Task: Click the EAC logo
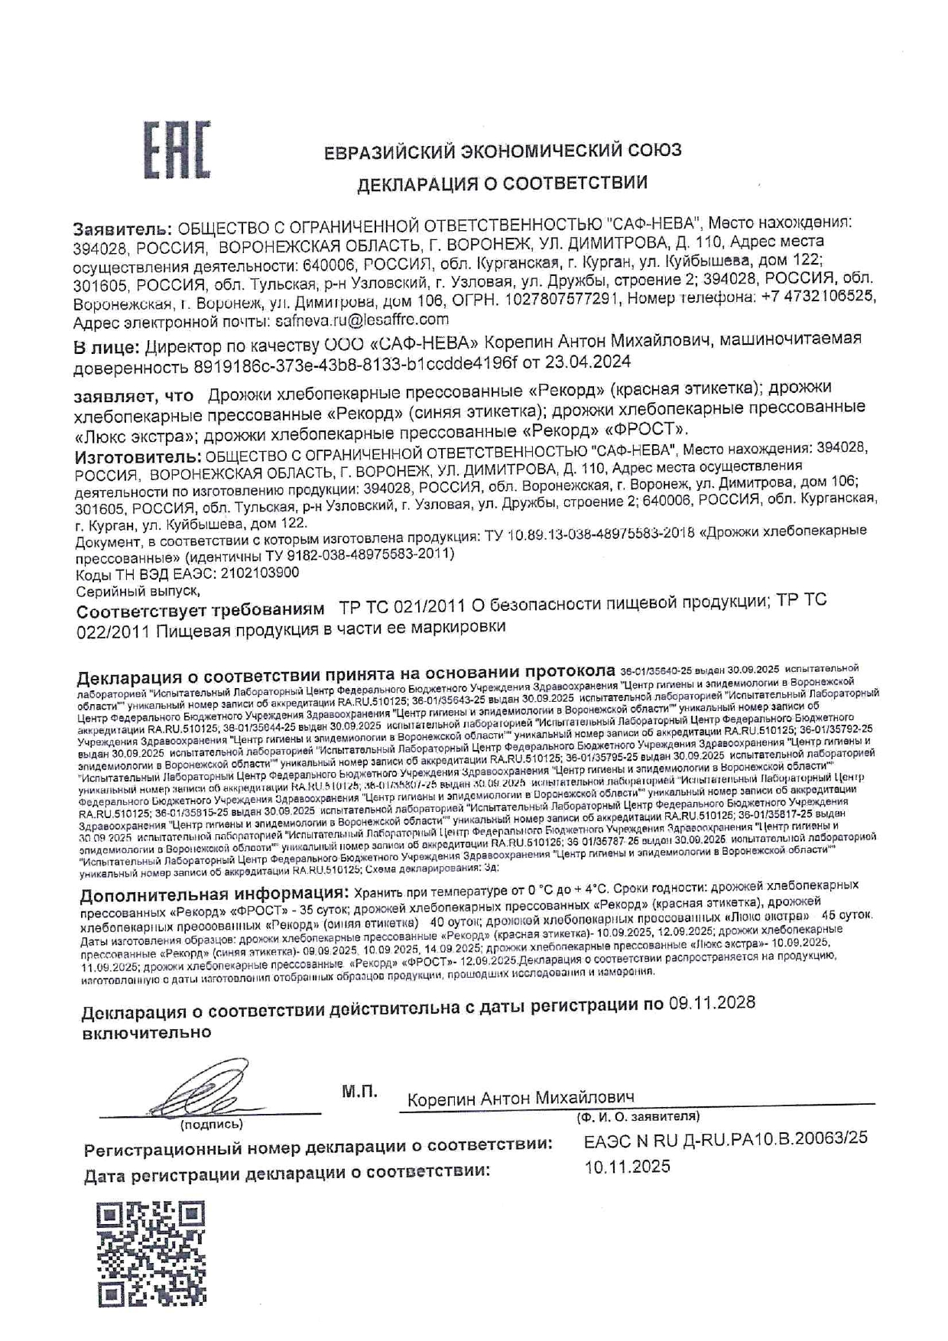coord(177,151)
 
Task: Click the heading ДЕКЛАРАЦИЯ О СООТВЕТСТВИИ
coord(502,183)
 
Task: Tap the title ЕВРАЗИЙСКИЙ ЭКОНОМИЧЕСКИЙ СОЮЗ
coord(502,151)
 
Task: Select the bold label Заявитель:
coord(122,228)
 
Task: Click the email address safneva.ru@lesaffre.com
coord(360,319)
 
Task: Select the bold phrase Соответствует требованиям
coord(202,612)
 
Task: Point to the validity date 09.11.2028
coord(711,1003)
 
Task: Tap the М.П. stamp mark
coord(359,1093)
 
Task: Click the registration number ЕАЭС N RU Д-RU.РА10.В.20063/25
coord(725,1138)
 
